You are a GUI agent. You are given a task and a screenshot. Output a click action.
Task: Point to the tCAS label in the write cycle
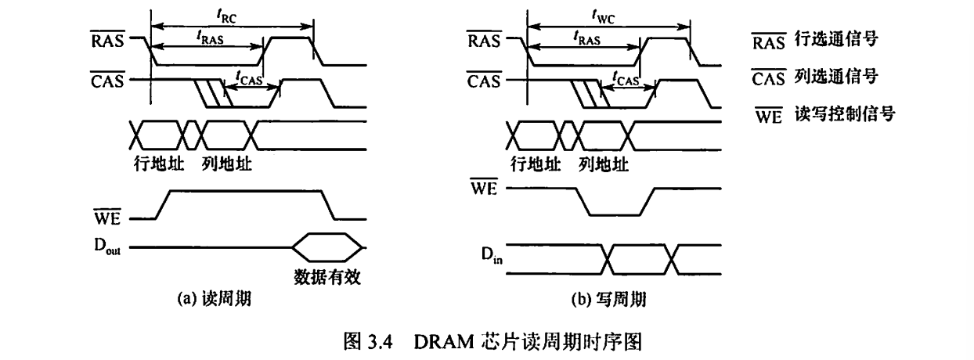pos(625,78)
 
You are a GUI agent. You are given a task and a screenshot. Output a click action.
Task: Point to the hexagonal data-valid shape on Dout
pos(326,247)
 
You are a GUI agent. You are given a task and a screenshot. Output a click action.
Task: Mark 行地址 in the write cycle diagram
pos(536,165)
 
